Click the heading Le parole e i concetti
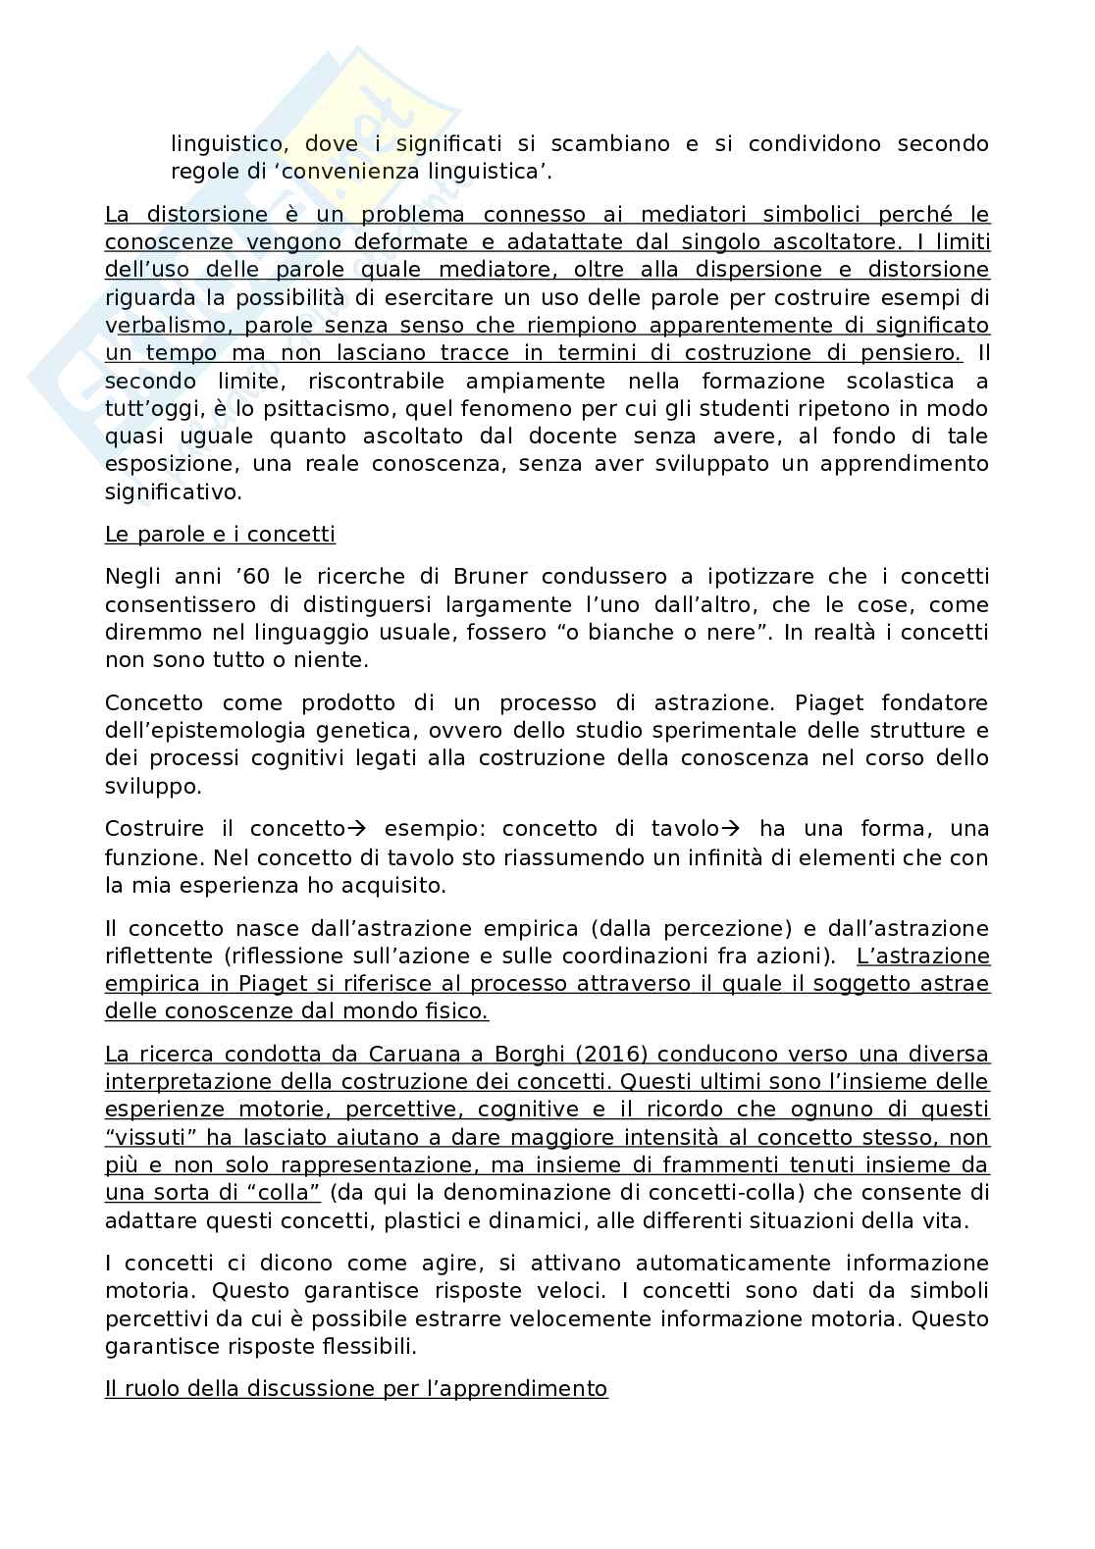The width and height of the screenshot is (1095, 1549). point(220,535)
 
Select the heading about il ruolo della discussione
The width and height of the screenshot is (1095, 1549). point(356,1389)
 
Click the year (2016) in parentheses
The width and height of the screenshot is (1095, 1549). point(614,1055)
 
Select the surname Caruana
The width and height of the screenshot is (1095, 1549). point(415,1055)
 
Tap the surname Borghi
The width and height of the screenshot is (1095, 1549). point(524,1055)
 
